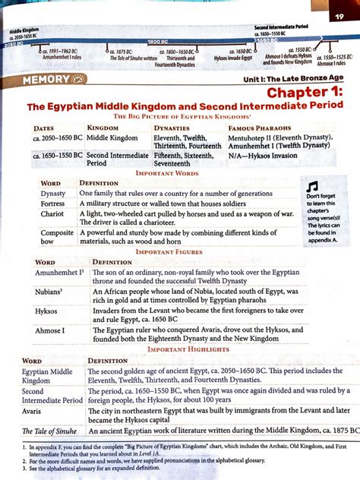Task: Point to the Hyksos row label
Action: pos(46,311)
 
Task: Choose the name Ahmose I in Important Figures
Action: pos(50,330)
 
